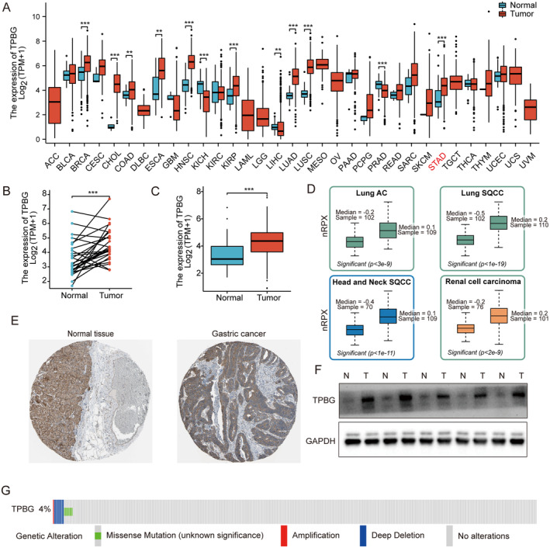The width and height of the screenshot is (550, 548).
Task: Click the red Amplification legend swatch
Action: (x=284, y=535)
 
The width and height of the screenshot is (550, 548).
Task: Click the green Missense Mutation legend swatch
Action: (x=98, y=535)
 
